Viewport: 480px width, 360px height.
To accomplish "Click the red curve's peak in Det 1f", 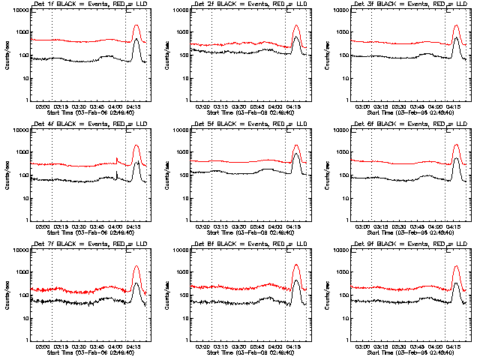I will tap(136, 25).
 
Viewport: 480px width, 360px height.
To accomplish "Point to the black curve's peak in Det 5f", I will tap(296, 154).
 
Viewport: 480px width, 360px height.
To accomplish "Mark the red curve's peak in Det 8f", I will tap(296, 265).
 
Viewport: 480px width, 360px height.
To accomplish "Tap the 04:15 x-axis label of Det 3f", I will tap(454, 106).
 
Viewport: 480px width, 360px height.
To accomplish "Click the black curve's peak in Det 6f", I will tap(456, 158).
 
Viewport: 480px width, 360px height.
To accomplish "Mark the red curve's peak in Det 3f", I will tap(456, 25).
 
